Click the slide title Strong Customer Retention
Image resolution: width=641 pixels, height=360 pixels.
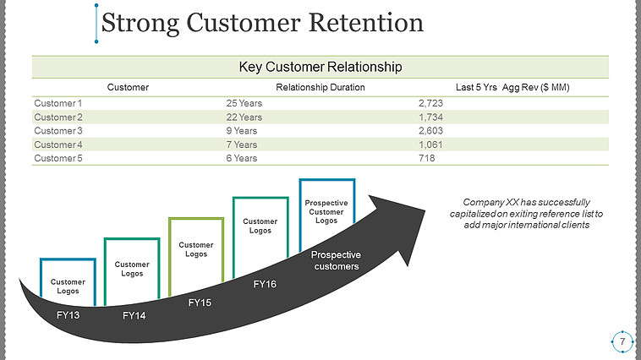pos(262,23)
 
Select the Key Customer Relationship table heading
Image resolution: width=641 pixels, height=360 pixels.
pos(320,66)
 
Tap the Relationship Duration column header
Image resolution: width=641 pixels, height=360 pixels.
pos(320,87)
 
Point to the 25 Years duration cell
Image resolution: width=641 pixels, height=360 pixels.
pos(244,103)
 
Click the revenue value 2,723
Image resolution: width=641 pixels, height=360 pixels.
pos(430,103)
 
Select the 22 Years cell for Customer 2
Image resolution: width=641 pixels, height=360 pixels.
pos(244,117)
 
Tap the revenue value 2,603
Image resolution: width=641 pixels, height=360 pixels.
pos(430,130)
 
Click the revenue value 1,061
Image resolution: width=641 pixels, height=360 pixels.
pos(430,145)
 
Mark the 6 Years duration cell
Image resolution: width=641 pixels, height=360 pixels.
pos(241,158)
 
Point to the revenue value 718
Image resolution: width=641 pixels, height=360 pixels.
pos(426,158)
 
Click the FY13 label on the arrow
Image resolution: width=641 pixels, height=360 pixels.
pos(68,314)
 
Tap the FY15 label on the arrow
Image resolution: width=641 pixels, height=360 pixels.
pos(199,303)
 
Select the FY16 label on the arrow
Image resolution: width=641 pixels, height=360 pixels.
pos(265,284)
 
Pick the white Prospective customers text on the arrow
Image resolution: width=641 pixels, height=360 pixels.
pos(336,260)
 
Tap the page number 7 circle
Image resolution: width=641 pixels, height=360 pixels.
pos(622,341)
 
